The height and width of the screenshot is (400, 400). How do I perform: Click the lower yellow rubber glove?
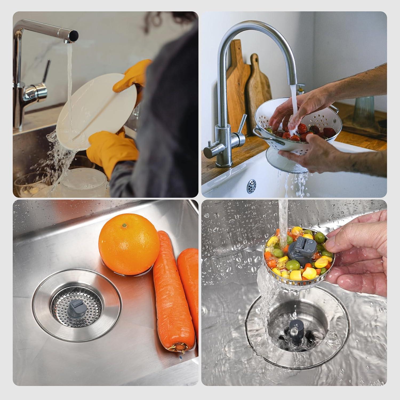coord(112,152)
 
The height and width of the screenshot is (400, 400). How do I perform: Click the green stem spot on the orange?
coord(123,226)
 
